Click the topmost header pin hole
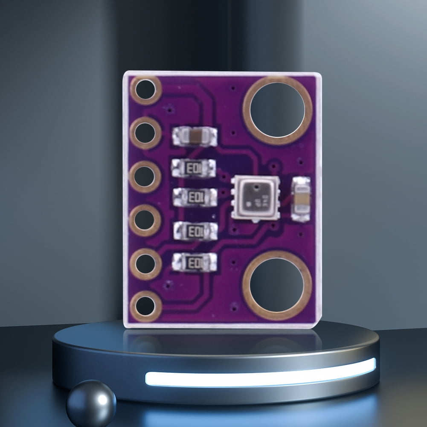(x=145, y=90)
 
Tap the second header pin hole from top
(x=145, y=133)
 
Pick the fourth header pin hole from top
(x=145, y=220)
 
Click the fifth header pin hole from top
(x=145, y=264)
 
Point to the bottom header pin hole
(x=145, y=305)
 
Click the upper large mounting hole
(x=278, y=110)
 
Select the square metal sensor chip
(x=255, y=198)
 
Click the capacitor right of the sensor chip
(x=302, y=199)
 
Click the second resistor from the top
(x=195, y=197)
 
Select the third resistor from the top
(x=195, y=231)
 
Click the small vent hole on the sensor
(x=255, y=187)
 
